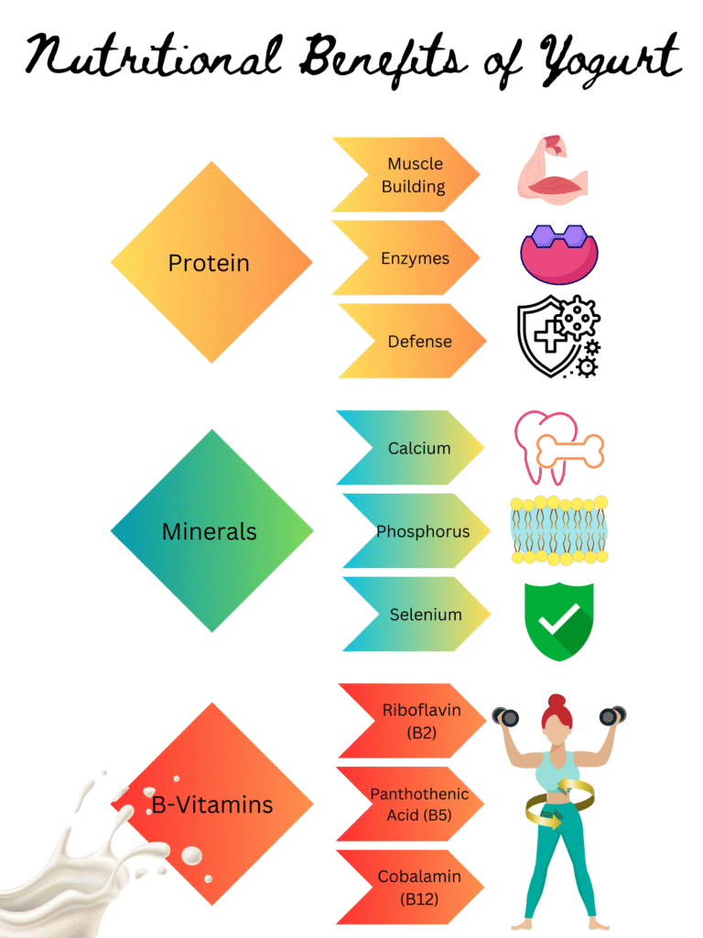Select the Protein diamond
coord(211,263)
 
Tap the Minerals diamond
coord(211,531)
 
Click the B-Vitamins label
coord(212,805)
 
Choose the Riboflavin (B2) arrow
coord(416,721)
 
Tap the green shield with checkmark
coord(558,621)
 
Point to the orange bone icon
coord(569,451)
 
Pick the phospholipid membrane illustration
coord(558,530)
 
